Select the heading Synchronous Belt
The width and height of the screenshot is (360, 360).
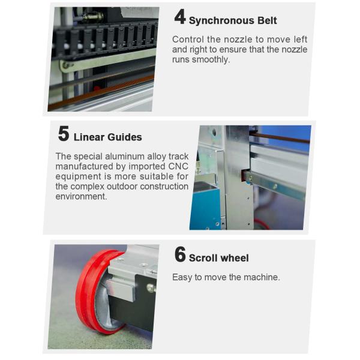(233, 20)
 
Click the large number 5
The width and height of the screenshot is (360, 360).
(64, 133)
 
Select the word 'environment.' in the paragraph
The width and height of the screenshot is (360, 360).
(81, 197)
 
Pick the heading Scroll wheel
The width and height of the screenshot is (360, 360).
(218, 258)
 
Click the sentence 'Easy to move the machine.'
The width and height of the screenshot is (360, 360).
(226, 277)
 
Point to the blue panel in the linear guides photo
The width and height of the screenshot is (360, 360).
(204, 207)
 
